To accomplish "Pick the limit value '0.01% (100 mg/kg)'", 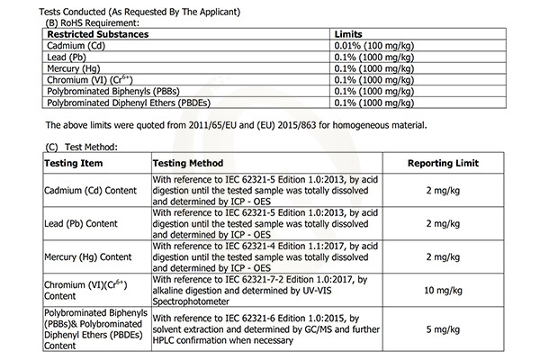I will point(374,44).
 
